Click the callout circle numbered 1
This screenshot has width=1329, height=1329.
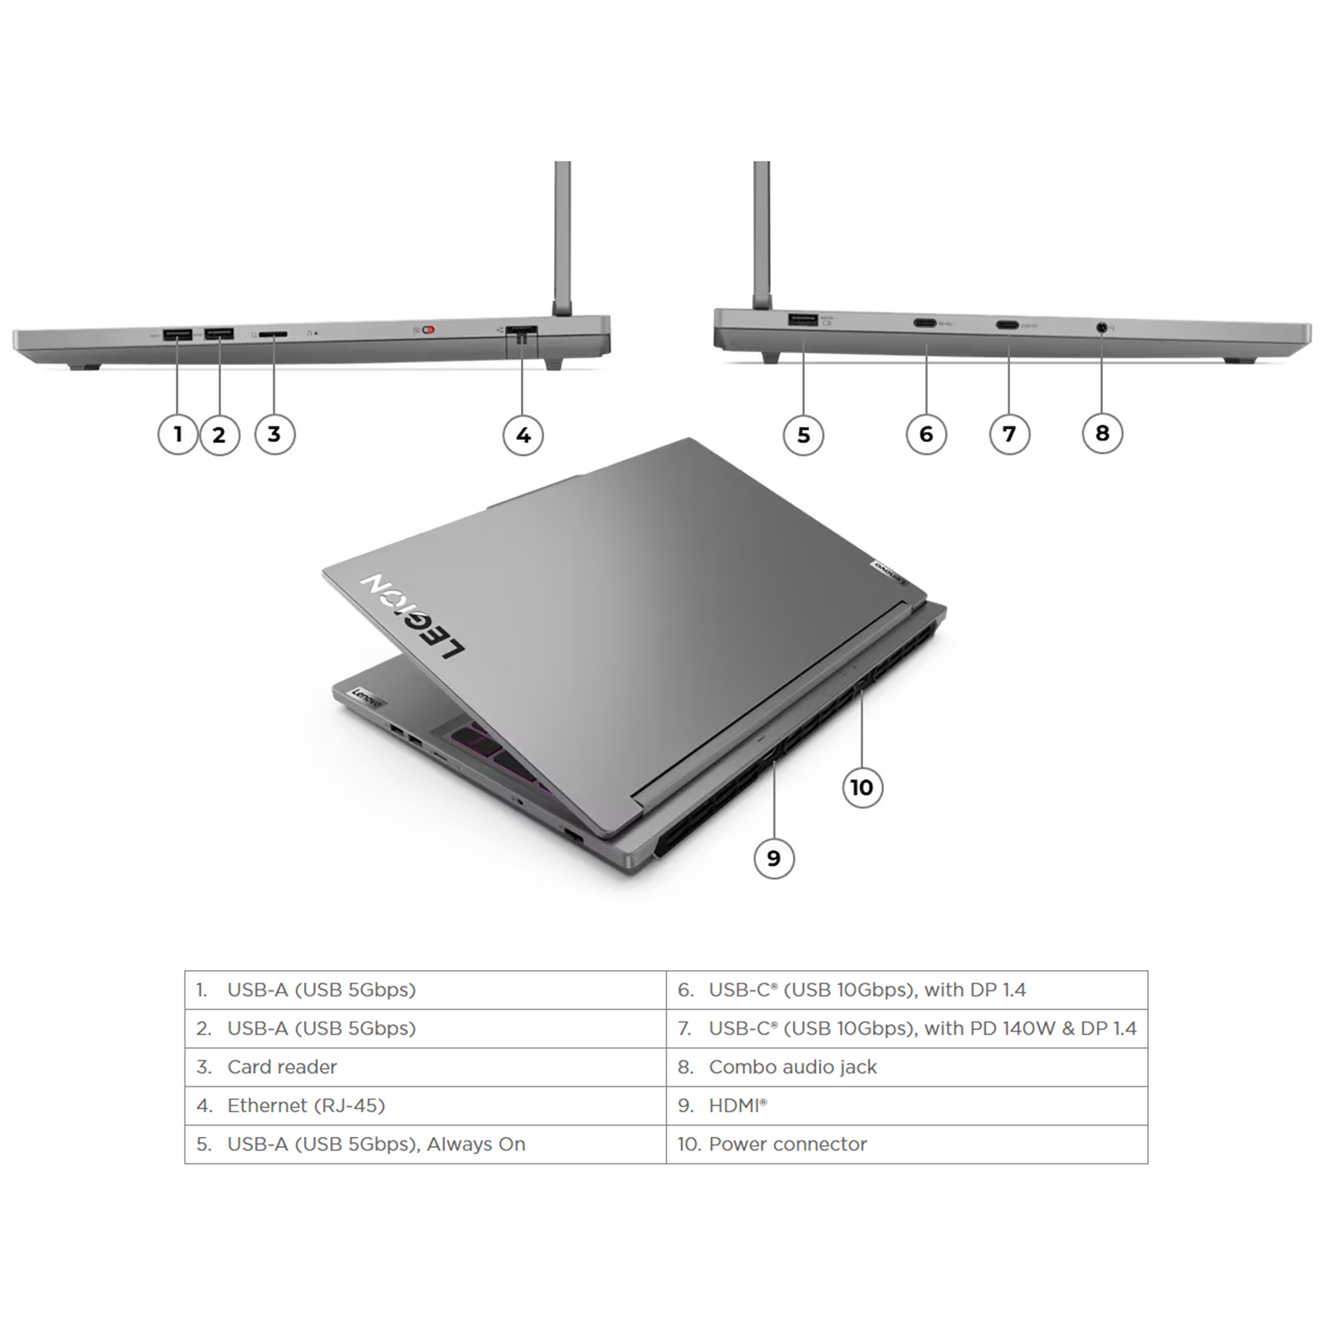(178, 434)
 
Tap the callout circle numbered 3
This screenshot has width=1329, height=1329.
(274, 434)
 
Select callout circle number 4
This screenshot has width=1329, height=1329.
(523, 434)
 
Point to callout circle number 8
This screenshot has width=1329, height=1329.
(1102, 433)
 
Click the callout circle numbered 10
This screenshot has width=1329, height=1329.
(862, 787)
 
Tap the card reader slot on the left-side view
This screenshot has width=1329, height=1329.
(273, 333)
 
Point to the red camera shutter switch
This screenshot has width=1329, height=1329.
(429, 330)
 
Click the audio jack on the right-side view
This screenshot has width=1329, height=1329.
(1102, 327)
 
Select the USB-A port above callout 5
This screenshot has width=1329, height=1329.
(802, 319)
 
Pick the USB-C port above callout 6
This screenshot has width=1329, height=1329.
(925, 323)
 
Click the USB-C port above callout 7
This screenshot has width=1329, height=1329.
(1008, 325)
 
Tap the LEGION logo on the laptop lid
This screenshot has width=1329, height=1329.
(413, 615)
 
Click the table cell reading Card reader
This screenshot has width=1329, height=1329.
(282, 1067)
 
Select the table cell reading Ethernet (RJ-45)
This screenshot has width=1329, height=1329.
(306, 1106)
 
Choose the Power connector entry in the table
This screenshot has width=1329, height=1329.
(787, 1144)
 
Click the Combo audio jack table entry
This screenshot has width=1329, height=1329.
(792, 1067)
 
